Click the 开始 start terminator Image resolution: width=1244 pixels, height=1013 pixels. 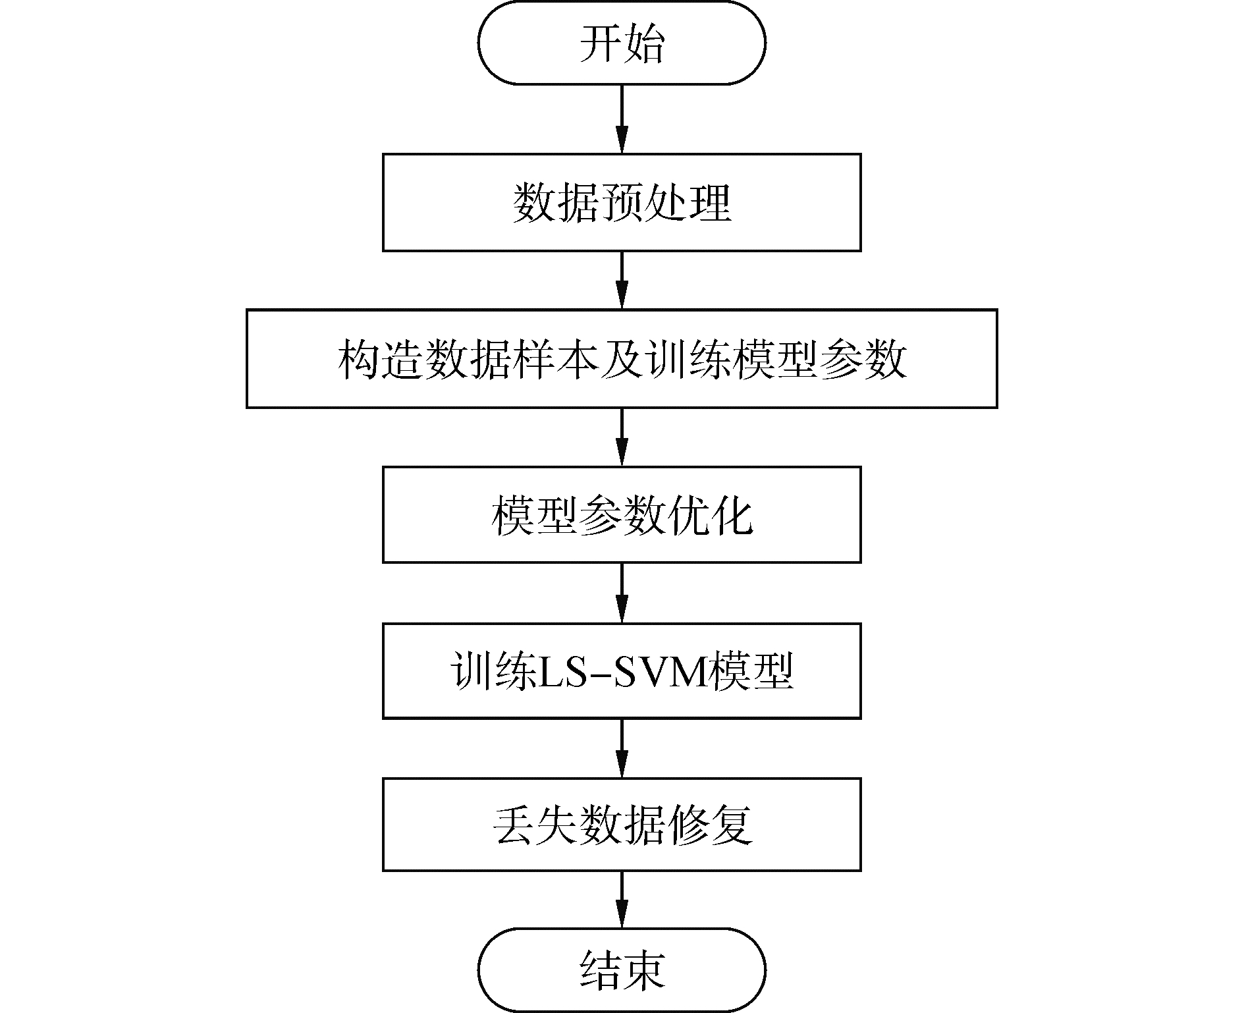pos(622,43)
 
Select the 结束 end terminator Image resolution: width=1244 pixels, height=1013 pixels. pos(622,970)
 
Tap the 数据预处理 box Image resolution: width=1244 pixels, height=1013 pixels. pos(622,202)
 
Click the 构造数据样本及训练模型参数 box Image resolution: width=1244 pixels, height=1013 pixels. pos(622,358)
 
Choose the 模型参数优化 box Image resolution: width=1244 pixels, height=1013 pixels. pos(622,514)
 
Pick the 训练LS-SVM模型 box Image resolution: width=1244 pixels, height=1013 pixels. pos(622,671)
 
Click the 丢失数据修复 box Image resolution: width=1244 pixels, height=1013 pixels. pos(622,825)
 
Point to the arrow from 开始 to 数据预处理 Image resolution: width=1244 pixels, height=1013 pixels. pos(622,119)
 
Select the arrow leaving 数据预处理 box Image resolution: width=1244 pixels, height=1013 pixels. pos(622,280)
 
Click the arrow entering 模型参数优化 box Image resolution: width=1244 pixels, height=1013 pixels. pos(622,437)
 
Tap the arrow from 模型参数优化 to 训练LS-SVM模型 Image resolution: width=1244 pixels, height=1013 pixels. pos(622,593)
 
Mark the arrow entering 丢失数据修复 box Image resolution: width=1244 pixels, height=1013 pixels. pos(622,748)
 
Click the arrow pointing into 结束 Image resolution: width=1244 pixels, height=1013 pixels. pos(622,900)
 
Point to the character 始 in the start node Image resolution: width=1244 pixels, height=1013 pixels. pos(643,43)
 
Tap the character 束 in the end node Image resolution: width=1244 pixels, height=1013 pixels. pos(643,971)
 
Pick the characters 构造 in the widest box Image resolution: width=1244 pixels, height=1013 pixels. pos(380,359)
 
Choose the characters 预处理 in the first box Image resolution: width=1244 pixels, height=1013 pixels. pos(665,203)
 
